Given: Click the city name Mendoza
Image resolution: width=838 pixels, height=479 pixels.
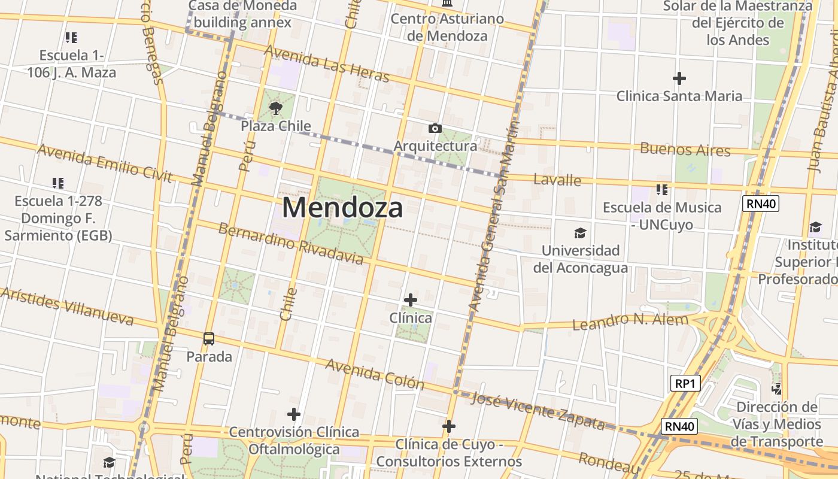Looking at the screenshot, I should click(342, 208).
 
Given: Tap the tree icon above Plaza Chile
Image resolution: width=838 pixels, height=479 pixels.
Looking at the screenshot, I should click(276, 108).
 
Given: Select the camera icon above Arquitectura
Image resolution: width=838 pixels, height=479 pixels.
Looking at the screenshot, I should click(435, 128).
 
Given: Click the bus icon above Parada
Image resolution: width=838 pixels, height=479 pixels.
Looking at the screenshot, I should click(209, 339).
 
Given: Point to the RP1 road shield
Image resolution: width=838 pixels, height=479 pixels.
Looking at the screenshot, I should click(685, 383).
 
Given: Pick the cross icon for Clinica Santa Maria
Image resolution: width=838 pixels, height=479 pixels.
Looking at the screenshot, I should click(679, 78).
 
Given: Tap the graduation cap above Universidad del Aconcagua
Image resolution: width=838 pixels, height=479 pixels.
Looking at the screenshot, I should click(580, 233).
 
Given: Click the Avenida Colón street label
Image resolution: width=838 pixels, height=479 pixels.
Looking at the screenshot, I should click(375, 374).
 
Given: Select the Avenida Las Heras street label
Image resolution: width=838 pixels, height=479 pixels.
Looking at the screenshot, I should click(326, 64).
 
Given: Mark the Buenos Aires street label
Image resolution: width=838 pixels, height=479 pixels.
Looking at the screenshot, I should click(685, 149).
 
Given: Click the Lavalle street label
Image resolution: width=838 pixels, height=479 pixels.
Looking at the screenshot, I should click(557, 180).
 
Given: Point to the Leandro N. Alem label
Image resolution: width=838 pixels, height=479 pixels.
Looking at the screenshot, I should click(630, 322).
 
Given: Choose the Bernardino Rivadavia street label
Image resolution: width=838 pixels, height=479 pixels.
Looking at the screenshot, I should click(290, 244).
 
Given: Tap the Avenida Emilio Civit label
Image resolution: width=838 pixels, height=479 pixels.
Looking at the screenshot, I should click(105, 163).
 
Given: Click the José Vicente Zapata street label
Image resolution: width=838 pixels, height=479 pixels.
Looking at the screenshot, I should click(538, 411).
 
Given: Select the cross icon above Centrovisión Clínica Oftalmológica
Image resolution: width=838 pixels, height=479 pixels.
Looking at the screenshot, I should click(294, 414).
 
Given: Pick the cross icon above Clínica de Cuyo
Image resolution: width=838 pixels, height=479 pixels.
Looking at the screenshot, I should click(449, 426).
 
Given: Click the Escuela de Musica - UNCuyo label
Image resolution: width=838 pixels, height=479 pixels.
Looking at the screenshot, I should click(661, 216).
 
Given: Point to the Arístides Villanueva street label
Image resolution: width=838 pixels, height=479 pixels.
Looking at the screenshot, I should click(67, 307).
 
